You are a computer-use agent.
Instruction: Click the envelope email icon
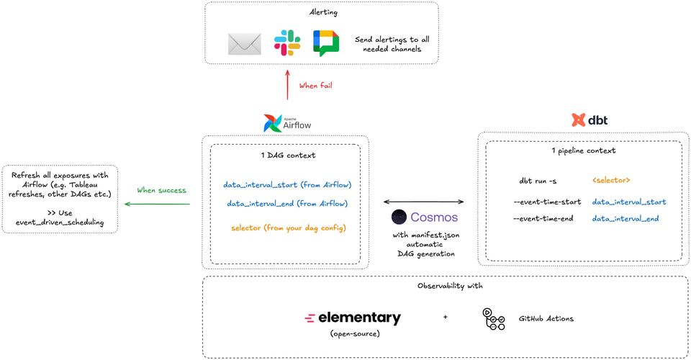pyautogui.click(x=244, y=44)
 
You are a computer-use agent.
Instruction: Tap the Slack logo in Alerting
pyautogui.click(x=287, y=43)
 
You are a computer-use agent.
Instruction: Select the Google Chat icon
pyautogui.click(x=325, y=43)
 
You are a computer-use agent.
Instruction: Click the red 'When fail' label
pyautogui.click(x=316, y=86)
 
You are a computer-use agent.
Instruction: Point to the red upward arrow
pyautogui.click(x=288, y=84)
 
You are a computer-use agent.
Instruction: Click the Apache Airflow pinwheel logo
pyautogui.click(x=274, y=124)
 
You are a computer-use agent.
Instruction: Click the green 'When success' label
pyautogui.click(x=162, y=191)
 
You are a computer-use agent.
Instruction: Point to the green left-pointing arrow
pyautogui.click(x=157, y=204)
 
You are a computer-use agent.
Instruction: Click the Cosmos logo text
pyautogui.click(x=433, y=217)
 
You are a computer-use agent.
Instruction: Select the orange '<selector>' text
pyautogui.click(x=611, y=180)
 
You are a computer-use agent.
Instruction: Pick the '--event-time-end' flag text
pyautogui.click(x=543, y=218)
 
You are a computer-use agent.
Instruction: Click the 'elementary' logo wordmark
pyautogui.click(x=358, y=318)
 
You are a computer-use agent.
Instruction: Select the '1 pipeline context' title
pyautogui.click(x=583, y=151)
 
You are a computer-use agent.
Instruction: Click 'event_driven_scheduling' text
pyautogui.click(x=60, y=222)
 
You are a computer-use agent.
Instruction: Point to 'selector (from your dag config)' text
pyautogui.click(x=288, y=228)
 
